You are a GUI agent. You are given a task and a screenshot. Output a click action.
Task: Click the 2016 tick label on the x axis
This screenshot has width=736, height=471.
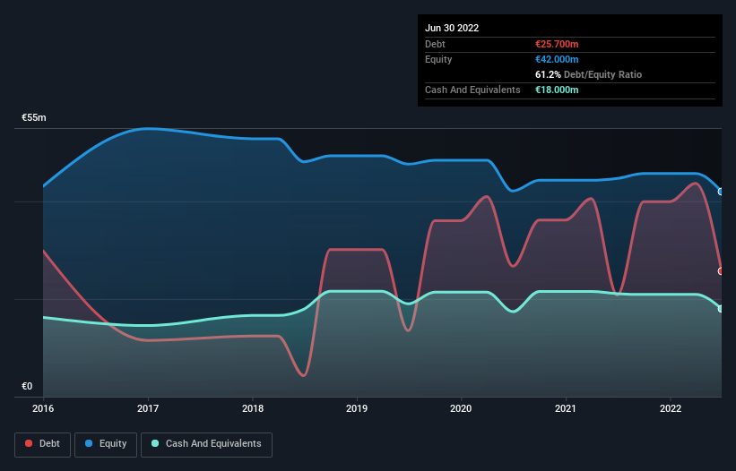[x=43, y=408]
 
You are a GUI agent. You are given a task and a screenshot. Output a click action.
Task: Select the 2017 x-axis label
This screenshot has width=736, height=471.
[x=148, y=408]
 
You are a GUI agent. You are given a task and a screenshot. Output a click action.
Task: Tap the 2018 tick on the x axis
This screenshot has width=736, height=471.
[x=253, y=408]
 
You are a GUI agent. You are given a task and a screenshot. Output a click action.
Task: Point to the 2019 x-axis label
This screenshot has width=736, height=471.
[x=357, y=408]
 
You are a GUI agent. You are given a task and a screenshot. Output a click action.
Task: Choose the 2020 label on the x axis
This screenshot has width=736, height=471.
[x=462, y=408]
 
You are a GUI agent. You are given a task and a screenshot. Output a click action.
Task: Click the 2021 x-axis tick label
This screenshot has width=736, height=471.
[x=566, y=408]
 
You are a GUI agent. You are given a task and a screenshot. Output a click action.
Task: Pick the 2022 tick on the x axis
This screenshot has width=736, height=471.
[x=671, y=408]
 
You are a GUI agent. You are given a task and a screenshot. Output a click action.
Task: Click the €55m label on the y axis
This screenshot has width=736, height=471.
[x=34, y=118]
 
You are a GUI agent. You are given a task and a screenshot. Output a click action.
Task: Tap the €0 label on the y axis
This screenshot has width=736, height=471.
[x=27, y=387]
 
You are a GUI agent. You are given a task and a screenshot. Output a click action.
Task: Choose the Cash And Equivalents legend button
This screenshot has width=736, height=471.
[x=206, y=444]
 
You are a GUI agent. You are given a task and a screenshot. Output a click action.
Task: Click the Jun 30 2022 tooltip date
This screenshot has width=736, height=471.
[x=452, y=28]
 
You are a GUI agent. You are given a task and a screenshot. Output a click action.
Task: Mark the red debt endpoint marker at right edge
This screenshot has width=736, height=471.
[x=721, y=270]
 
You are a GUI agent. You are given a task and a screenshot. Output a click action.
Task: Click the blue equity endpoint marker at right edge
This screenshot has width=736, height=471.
[x=721, y=192]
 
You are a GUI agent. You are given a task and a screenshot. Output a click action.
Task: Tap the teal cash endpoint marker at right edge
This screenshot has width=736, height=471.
[x=721, y=309]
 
